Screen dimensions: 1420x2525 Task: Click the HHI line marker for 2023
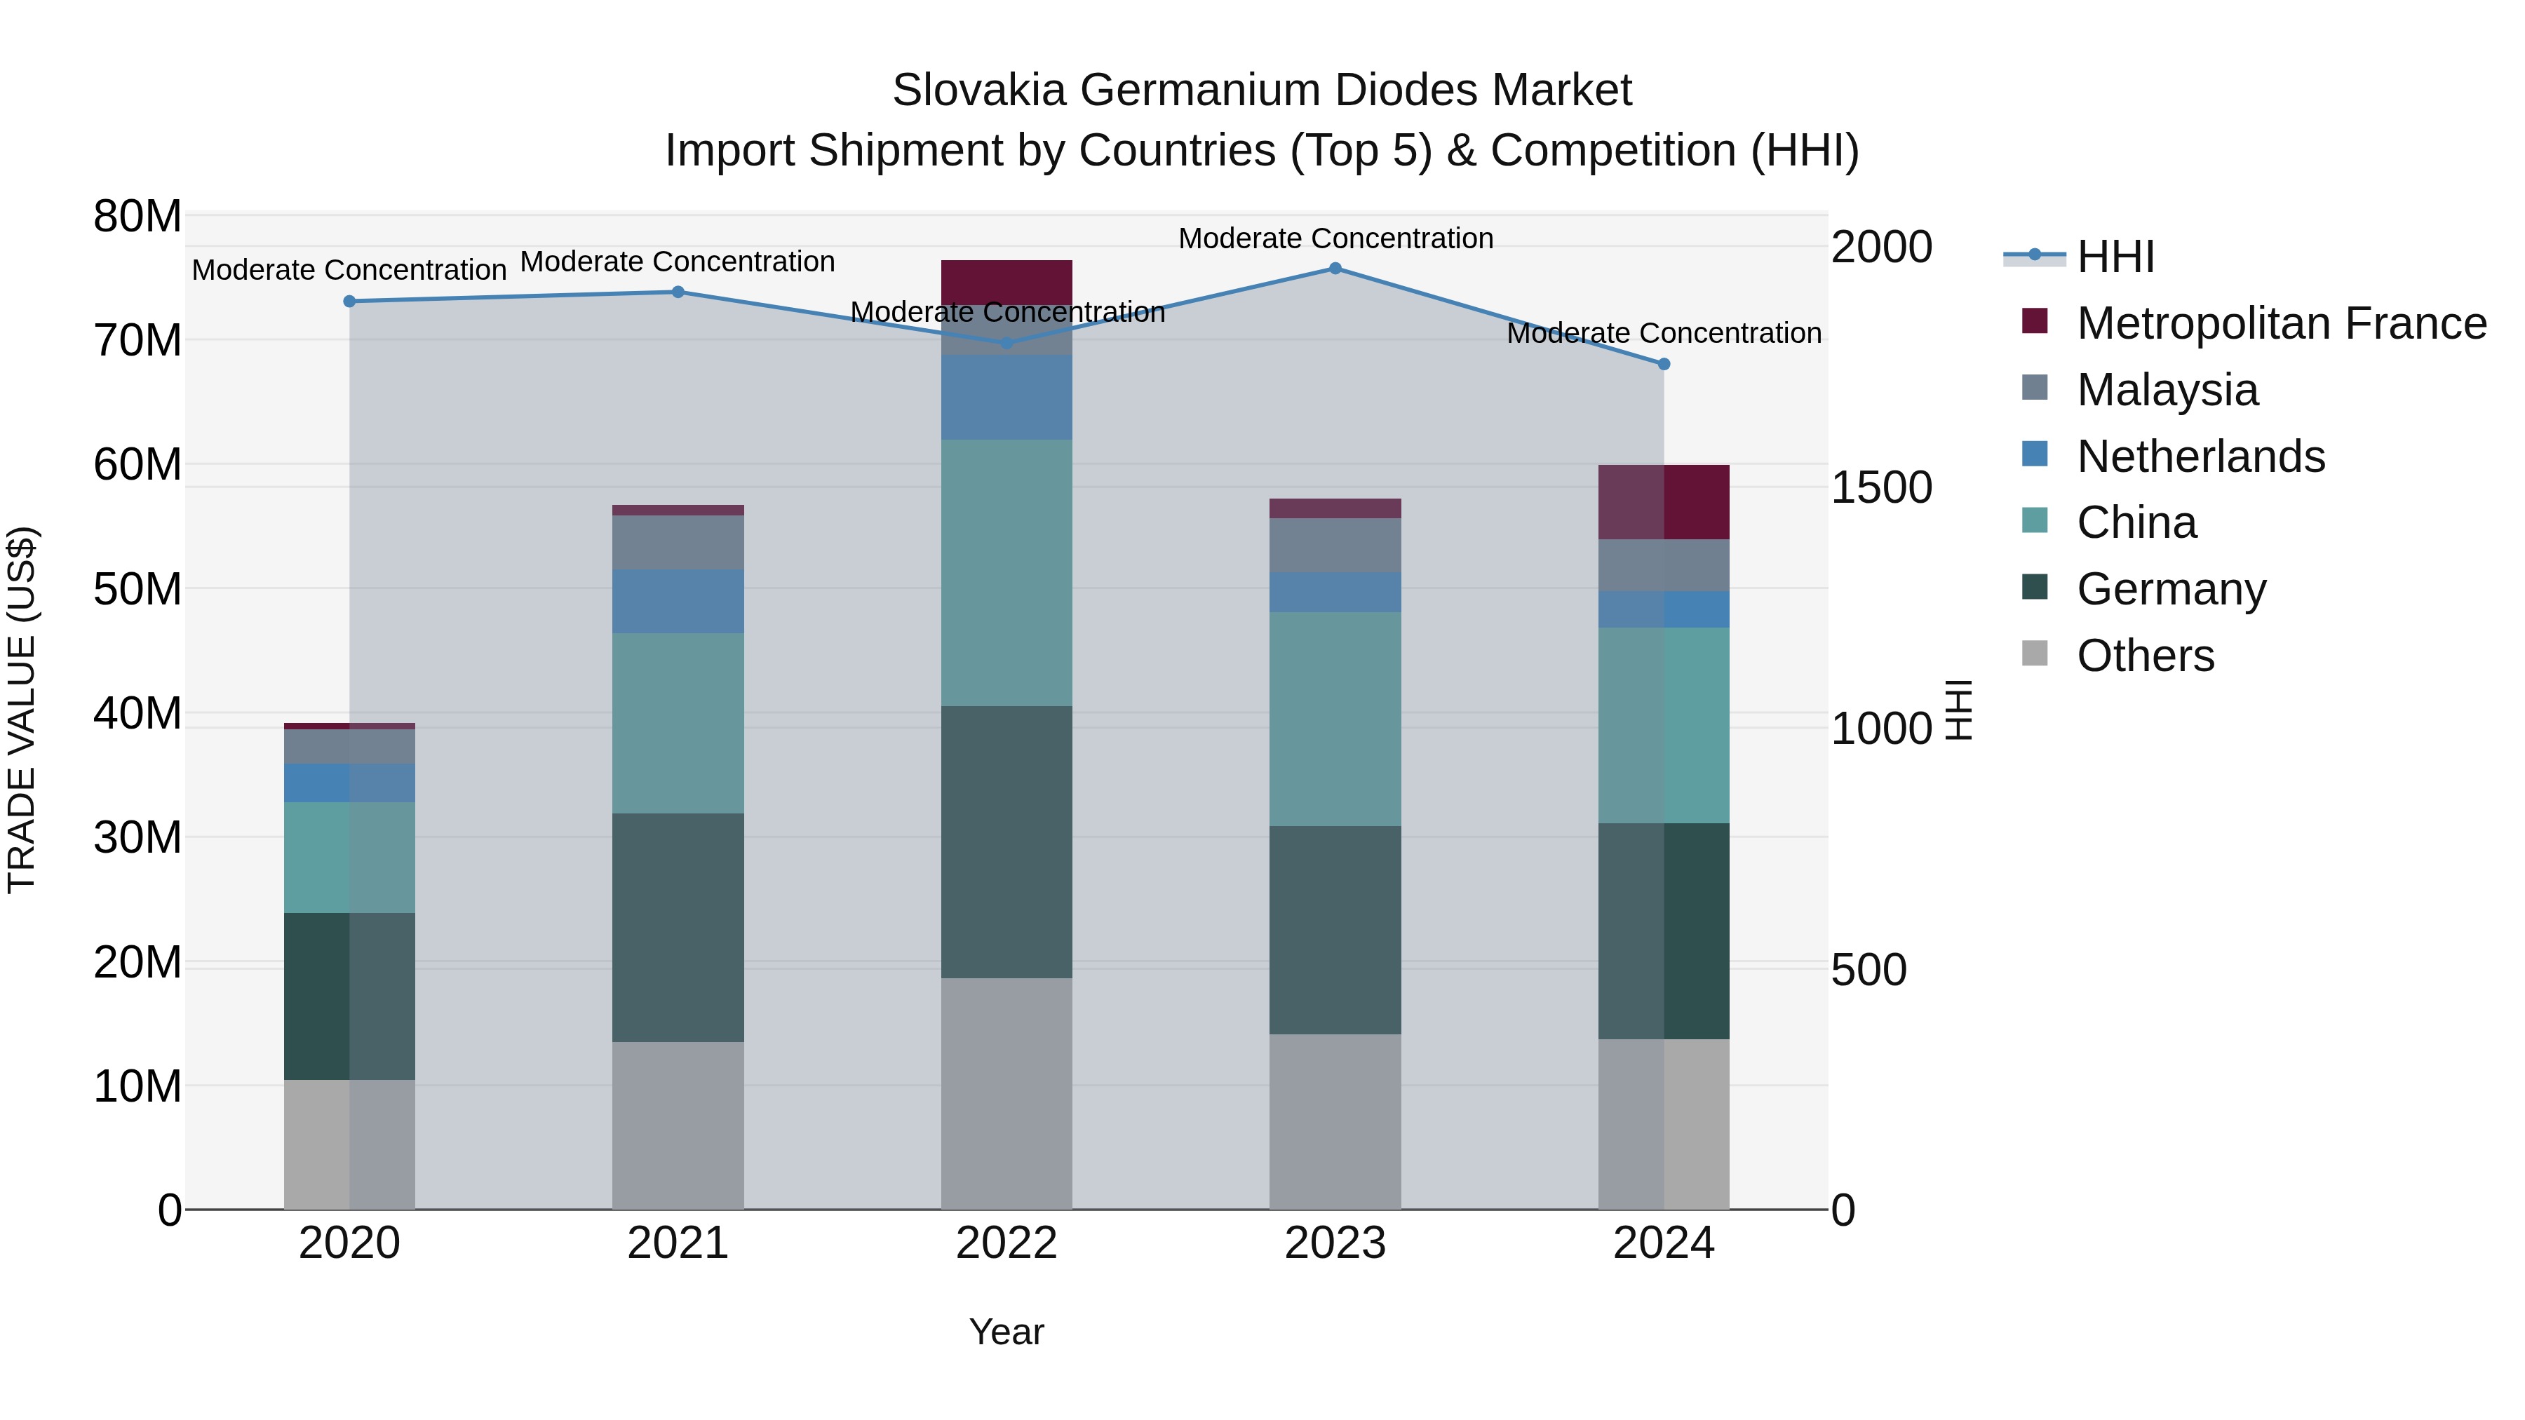1335,269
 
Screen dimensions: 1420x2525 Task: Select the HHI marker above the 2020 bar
349,302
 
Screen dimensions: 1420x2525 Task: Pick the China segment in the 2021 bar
678,722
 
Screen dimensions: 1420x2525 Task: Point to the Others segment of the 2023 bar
1335,1121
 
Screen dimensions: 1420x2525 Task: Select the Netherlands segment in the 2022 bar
1006,397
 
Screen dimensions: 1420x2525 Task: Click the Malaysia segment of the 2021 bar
678,542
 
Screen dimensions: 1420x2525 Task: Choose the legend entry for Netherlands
2200,457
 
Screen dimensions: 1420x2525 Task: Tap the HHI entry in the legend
2115,257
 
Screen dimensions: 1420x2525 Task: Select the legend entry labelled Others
2145,656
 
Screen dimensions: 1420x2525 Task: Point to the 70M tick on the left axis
137,341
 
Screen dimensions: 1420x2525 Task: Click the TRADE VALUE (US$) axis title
22,710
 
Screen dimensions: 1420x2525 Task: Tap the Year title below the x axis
1006,1332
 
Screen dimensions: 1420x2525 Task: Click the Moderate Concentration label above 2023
1335,238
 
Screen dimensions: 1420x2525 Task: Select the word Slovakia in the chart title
978,90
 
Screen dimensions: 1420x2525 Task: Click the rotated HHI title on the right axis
1958,710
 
